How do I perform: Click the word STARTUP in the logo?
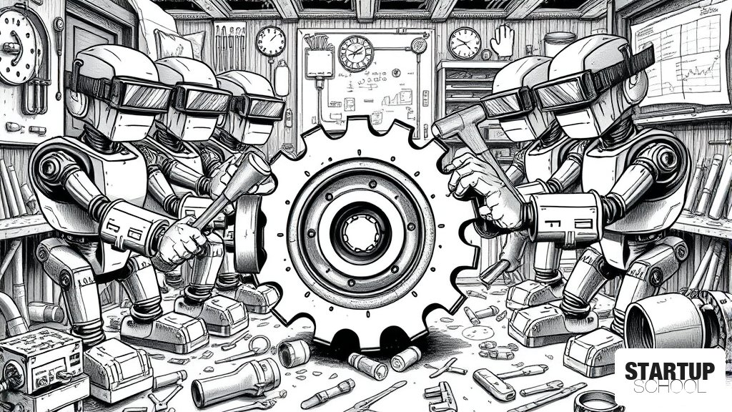669,371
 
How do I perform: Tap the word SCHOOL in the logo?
669,387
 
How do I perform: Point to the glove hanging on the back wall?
503,41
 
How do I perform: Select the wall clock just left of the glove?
465,43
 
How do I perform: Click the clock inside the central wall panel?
356,53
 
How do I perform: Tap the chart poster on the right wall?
679,55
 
